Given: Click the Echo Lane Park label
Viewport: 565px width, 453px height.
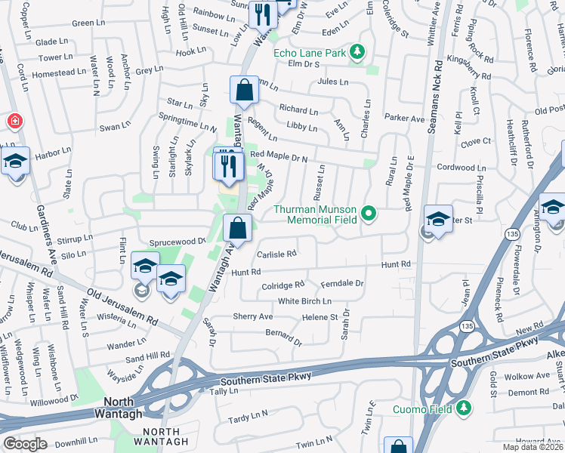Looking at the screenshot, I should coord(309,52).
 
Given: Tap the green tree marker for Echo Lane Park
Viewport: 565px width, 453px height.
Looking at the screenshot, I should coord(356,52).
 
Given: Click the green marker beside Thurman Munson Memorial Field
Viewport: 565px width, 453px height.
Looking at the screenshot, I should coord(369,214).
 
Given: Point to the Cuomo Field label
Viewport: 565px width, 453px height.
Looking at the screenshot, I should coord(422,410).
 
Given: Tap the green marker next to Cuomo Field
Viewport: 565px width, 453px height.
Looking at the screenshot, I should coord(465,409).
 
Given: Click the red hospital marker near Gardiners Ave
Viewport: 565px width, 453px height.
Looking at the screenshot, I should coord(14,121).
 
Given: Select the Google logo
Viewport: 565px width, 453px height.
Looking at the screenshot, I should coord(25,443).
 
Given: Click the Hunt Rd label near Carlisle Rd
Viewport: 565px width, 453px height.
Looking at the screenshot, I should coord(246,273).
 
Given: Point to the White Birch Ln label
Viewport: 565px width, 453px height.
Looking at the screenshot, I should coord(305,300).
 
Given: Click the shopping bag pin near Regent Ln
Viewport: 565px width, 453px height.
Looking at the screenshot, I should coord(245,91).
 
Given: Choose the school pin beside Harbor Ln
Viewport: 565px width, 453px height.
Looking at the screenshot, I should coord(15,163).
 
